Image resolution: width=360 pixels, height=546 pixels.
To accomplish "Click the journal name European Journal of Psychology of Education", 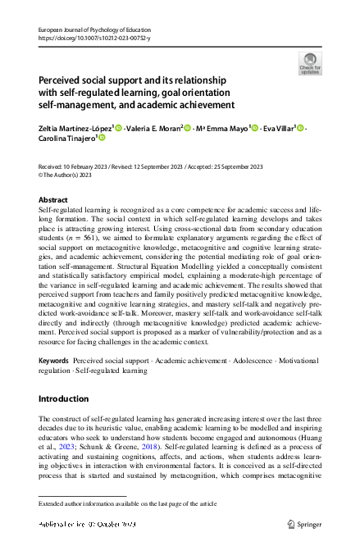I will point(90,29).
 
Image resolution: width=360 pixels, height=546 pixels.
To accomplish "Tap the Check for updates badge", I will point(310,64).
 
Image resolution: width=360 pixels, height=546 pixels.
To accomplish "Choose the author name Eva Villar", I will point(278,128).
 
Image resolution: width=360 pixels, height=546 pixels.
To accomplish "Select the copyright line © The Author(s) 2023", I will point(63,175).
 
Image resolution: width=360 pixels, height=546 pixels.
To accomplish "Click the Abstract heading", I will point(53,199).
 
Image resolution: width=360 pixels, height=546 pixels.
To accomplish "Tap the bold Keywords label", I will point(53,362).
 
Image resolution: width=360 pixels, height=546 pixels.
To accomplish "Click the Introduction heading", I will point(64,398).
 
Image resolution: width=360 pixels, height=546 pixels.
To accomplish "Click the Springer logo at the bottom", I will point(308,523).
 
